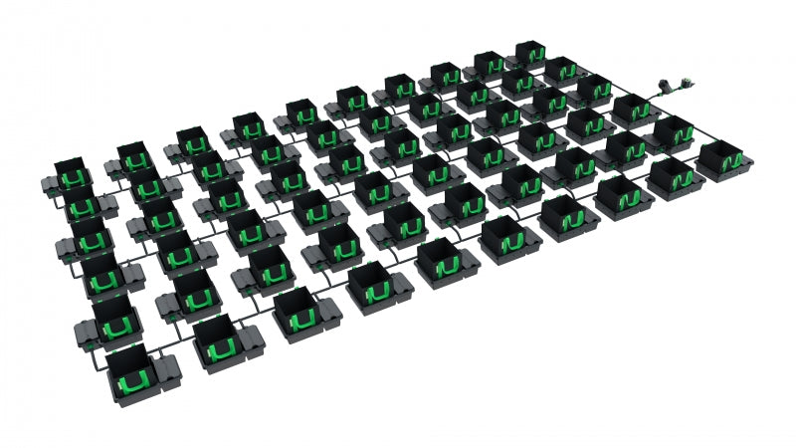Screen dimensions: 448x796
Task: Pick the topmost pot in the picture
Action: (x=528, y=52)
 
